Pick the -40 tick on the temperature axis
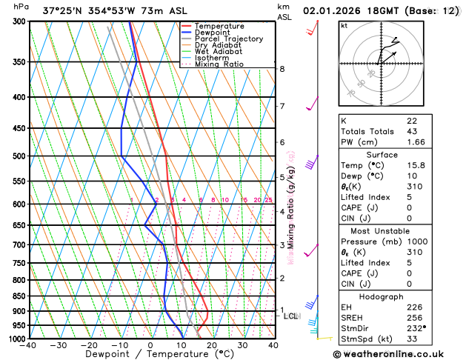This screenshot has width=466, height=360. click(x=28, y=346)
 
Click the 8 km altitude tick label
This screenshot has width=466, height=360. click(x=282, y=69)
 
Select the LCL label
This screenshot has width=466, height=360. click(x=291, y=316)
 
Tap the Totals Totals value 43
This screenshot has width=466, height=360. click(x=412, y=131)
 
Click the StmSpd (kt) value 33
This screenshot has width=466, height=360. click(x=412, y=338)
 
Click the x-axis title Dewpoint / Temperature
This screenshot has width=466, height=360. click(x=150, y=355)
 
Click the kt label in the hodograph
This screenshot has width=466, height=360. click(x=344, y=26)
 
